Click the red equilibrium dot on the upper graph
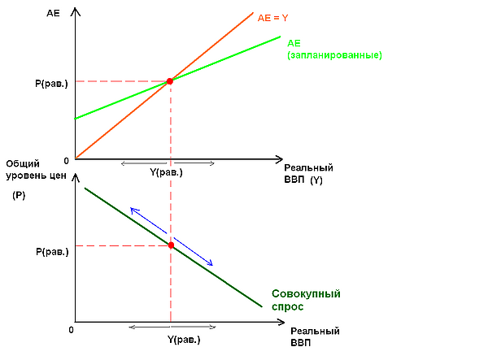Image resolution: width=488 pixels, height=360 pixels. pyautogui.click(x=170, y=81)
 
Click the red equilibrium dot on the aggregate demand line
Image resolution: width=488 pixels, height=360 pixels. pyautogui.click(x=171, y=245)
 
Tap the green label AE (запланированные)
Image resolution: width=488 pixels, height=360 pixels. pyautogui.click(x=333, y=49)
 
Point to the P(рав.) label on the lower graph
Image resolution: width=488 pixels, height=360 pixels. pyautogui.click(x=52, y=252)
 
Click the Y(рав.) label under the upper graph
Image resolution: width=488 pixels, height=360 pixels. pyautogui.click(x=167, y=172)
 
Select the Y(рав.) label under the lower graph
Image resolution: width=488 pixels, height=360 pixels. pyautogui.click(x=184, y=340)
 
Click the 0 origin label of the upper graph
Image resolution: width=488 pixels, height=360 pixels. pyautogui.click(x=66, y=160)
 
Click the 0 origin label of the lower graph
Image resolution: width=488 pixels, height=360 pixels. pyautogui.click(x=72, y=330)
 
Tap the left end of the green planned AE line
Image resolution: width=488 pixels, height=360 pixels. pyautogui.click(x=76, y=119)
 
